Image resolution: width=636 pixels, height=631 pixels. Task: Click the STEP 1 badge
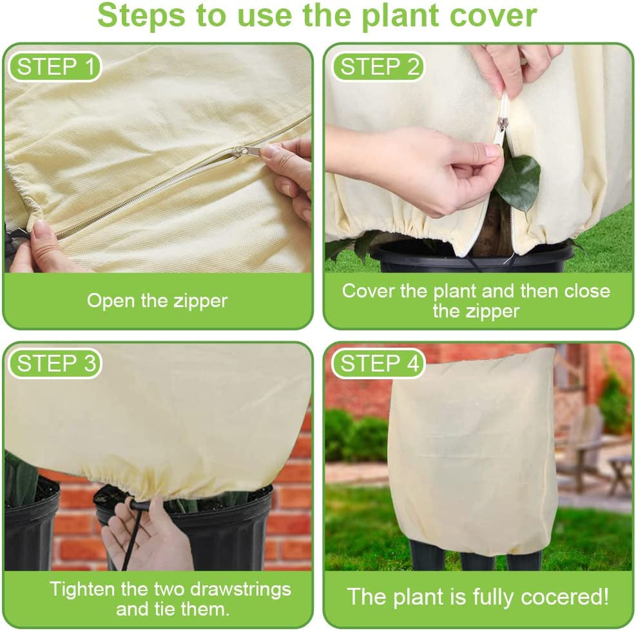(54, 67)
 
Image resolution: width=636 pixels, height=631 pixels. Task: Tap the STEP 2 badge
(378, 67)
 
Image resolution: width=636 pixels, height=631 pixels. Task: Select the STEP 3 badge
(54, 363)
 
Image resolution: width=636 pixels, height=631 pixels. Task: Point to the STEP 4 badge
(378, 363)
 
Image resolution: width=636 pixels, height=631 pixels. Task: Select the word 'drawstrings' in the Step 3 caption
(240, 590)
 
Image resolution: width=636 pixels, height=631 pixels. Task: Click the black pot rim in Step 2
(470, 253)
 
